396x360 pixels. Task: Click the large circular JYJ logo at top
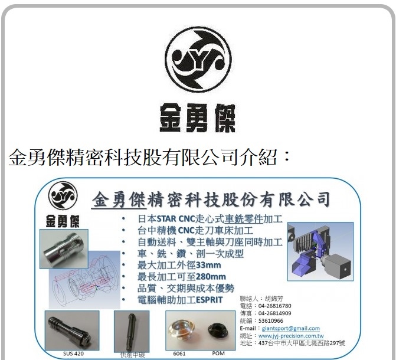(198, 57)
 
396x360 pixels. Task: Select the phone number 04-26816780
(275, 306)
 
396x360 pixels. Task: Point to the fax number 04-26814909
(275, 314)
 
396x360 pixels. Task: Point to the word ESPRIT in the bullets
(205, 300)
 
